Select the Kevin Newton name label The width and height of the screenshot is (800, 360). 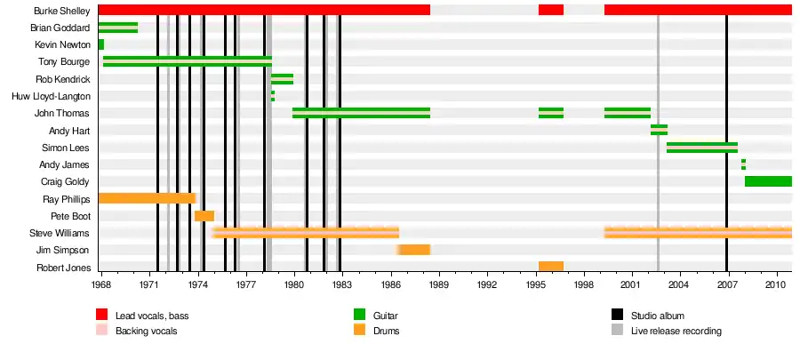click(62, 44)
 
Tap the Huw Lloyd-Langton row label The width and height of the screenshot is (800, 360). click(52, 96)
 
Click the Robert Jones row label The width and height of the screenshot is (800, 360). click(62, 267)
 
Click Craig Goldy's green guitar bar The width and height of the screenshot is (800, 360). click(768, 181)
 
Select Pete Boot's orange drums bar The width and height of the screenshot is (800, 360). click(204, 216)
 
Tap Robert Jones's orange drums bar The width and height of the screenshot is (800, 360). click(551, 267)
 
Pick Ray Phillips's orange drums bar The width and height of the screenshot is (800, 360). click(146, 198)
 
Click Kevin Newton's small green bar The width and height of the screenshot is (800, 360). click(101, 44)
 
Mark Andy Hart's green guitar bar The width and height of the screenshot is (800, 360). click(659, 130)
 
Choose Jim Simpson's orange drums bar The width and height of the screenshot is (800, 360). click(415, 250)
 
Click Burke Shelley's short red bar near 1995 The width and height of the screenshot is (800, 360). click(551, 10)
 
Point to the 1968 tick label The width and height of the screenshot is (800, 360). click(100, 285)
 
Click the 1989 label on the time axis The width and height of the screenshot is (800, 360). click(437, 285)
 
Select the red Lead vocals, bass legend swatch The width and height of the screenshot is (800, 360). click(102, 315)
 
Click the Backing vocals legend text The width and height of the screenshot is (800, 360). click(146, 331)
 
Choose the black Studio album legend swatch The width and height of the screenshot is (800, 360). click(617, 315)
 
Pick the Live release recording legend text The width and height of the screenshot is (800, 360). click(676, 331)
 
